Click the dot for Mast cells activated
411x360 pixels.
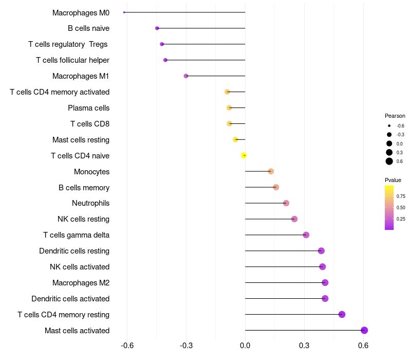click(x=364, y=330)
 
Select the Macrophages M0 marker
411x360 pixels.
click(x=124, y=12)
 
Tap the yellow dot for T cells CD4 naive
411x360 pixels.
click(x=244, y=155)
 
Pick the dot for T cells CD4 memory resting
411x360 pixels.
click(x=342, y=314)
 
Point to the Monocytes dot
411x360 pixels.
click(x=271, y=171)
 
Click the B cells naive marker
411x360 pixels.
click(x=157, y=28)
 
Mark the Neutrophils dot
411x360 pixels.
click(x=286, y=203)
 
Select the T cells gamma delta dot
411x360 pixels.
click(x=306, y=235)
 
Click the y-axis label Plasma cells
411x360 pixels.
click(x=88, y=108)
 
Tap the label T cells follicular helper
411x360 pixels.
click(x=72, y=60)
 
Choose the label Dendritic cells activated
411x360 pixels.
click(x=70, y=299)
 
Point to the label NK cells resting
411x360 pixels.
click(x=83, y=219)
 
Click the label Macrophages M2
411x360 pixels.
click(x=81, y=283)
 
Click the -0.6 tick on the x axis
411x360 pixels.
click(x=127, y=345)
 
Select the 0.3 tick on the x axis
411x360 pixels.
click(x=304, y=345)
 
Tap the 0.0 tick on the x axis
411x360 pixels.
click(x=245, y=345)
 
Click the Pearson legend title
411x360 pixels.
click(x=395, y=116)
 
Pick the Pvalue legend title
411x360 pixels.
click(x=393, y=180)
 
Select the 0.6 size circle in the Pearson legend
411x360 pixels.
click(x=389, y=161)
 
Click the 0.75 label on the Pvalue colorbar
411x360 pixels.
click(x=401, y=196)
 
